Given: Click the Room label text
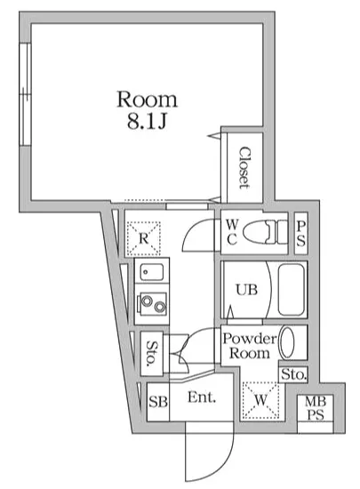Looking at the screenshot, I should click(x=148, y=98).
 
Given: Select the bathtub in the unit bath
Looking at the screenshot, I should click(x=291, y=290).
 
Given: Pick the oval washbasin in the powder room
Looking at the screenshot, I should click(x=290, y=343).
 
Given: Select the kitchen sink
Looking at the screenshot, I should click(x=150, y=275).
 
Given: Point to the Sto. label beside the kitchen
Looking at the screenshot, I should click(x=152, y=353).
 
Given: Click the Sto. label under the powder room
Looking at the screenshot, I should click(x=293, y=375).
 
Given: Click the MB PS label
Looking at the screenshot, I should click(x=316, y=409).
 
